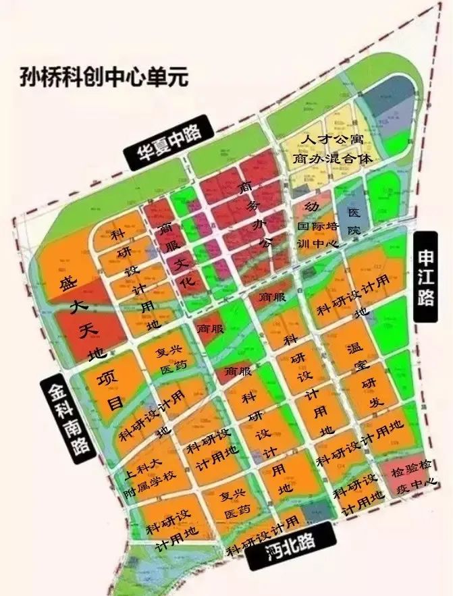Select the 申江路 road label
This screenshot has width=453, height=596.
(x=425, y=277)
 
